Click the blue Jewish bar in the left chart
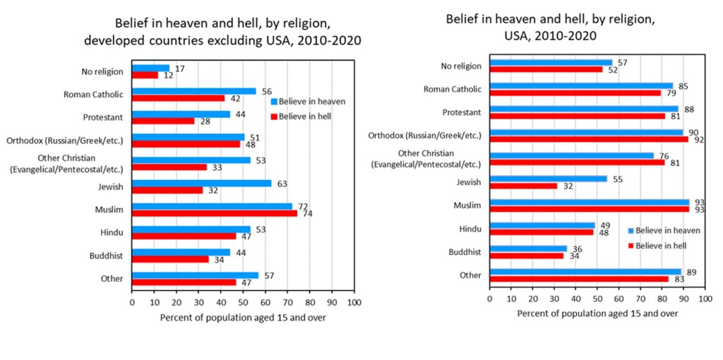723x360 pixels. [201, 184]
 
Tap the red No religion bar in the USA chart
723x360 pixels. [546, 69]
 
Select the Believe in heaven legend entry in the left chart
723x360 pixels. [308, 101]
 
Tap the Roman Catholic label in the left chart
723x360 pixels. [93, 94]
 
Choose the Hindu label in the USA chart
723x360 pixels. [470, 228]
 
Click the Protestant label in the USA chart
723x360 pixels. [462, 112]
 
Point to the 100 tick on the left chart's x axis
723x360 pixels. [354, 302]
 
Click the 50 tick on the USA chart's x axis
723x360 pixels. [597, 299]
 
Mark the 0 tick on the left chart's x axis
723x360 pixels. [132, 302]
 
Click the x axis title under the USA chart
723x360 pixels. [597, 313]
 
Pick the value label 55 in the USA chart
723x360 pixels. [616, 179]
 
